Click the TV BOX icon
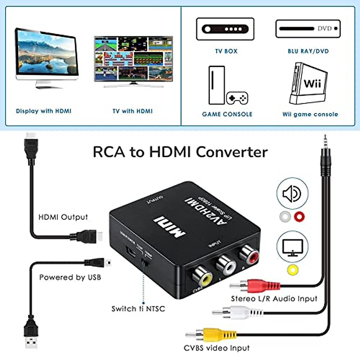click(x=225, y=29)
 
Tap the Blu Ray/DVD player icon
click(x=308, y=29)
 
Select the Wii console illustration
click(x=308, y=83)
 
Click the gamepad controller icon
click(x=237, y=98)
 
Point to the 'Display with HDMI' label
click(x=43, y=111)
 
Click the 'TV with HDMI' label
click(x=133, y=111)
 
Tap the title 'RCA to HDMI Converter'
click(x=180, y=152)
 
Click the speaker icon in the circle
click(x=292, y=193)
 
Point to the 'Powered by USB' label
click(x=70, y=277)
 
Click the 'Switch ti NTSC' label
click(x=138, y=309)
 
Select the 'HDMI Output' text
click(x=63, y=217)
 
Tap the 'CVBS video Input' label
click(x=217, y=348)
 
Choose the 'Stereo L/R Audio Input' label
click(x=274, y=298)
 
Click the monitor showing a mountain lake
click(x=46, y=55)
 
